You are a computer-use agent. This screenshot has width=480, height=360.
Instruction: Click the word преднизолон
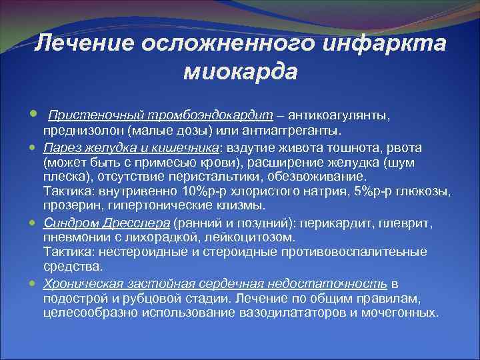point(77,130)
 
